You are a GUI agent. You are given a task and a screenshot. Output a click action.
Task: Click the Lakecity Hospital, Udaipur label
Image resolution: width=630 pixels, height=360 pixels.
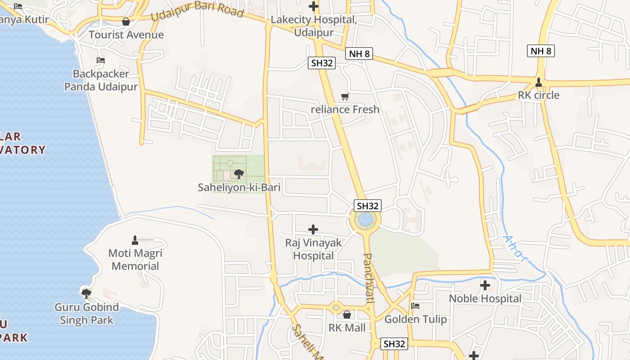pyautogui.click(x=314, y=26)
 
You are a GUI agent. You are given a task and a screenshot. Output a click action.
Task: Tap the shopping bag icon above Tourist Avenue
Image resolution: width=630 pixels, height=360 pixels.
pyautogui.click(x=126, y=22)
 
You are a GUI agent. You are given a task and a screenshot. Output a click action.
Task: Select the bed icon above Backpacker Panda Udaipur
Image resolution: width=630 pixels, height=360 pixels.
pyautogui.click(x=101, y=60)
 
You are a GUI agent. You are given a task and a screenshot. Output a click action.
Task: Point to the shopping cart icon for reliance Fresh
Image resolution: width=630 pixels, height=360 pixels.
pyautogui.click(x=345, y=96)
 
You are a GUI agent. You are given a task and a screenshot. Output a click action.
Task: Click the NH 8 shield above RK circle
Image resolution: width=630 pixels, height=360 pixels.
pyautogui.click(x=540, y=51)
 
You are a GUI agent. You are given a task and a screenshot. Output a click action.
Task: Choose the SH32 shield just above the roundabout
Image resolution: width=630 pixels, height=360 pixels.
pyautogui.click(x=368, y=206)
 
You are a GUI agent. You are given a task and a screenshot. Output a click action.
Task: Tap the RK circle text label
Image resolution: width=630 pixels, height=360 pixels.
pyautogui.click(x=539, y=95)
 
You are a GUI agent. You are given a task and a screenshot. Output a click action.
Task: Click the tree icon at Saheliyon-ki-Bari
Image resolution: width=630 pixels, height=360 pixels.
pyautogui.click(x=239, y=174)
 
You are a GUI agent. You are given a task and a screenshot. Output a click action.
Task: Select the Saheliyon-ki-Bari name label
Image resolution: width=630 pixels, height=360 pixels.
pyautogui.click(x=239, y=187)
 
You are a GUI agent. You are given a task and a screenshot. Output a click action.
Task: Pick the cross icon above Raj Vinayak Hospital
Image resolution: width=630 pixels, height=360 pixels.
pyautogui.click(x=313, y=229)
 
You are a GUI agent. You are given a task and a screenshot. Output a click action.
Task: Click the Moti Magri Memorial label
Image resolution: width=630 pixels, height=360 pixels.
pyautogui.click(x=135, y=260)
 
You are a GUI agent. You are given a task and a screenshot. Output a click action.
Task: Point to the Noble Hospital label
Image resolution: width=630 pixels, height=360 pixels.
pyautogui.click(x=485, y=298)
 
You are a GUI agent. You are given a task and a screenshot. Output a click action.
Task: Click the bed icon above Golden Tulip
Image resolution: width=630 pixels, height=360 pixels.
pyautogui.click(x=415, y=306)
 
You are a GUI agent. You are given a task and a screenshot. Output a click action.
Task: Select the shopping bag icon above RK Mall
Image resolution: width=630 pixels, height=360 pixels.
pyautogui.click(x=347, y=315)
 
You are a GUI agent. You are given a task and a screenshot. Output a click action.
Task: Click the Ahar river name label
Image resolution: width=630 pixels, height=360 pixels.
pyautogui.click(x=514, y=248)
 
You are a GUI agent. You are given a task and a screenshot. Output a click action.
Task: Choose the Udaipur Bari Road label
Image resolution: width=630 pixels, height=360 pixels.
pyautogui.click(x=197, y=11)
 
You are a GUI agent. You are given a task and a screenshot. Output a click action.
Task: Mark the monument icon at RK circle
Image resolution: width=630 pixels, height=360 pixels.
pyautogui.click(x=539, y=82)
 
